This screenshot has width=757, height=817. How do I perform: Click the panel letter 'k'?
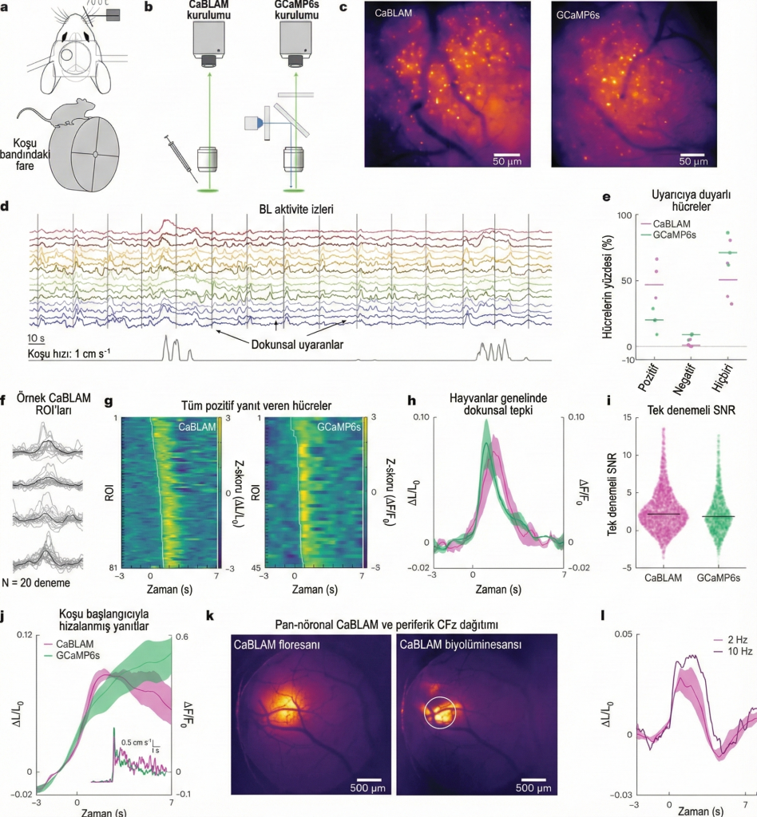210,615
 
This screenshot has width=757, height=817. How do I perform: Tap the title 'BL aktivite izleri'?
296,209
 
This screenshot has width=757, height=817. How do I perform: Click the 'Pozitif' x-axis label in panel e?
648,378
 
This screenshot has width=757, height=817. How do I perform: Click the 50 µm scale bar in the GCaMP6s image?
692,154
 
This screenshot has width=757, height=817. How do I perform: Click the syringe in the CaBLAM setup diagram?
181,159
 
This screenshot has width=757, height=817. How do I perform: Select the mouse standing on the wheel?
57,113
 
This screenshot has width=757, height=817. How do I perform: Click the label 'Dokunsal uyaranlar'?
297,345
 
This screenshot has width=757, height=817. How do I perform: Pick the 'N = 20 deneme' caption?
36,582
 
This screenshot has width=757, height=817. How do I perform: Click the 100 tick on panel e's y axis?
624,215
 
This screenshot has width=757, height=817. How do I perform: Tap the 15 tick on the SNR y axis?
627,417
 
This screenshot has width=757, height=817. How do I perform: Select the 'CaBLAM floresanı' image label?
277,645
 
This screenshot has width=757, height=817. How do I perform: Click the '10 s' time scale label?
36,338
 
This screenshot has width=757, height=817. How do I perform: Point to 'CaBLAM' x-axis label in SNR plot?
663,578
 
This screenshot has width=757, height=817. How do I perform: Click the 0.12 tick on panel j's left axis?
25,635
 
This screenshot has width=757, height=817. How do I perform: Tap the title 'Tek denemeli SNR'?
692,410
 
